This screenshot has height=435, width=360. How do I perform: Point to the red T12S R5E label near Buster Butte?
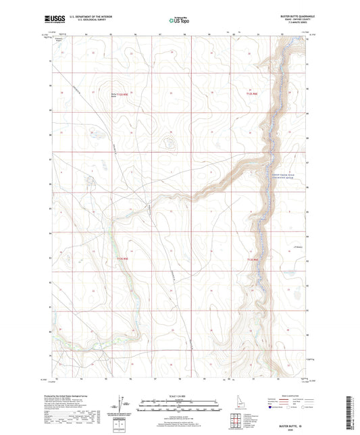121,95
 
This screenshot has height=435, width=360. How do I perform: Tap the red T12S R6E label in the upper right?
251,94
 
